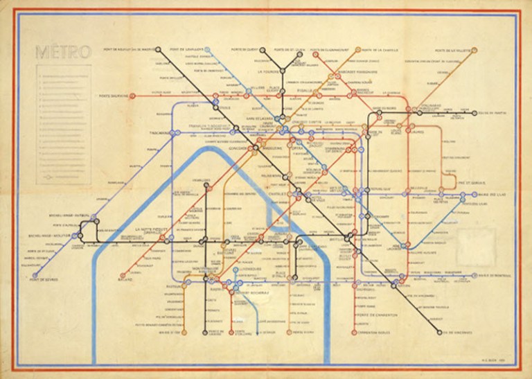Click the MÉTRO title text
[x=62, y=53]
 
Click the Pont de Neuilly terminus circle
[x=159, y=50]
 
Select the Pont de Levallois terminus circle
[x=206, y=50]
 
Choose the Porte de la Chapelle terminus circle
[x=358, y=50]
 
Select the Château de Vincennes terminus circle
[x=439, y=331]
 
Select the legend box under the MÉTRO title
[x=63, y=125]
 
